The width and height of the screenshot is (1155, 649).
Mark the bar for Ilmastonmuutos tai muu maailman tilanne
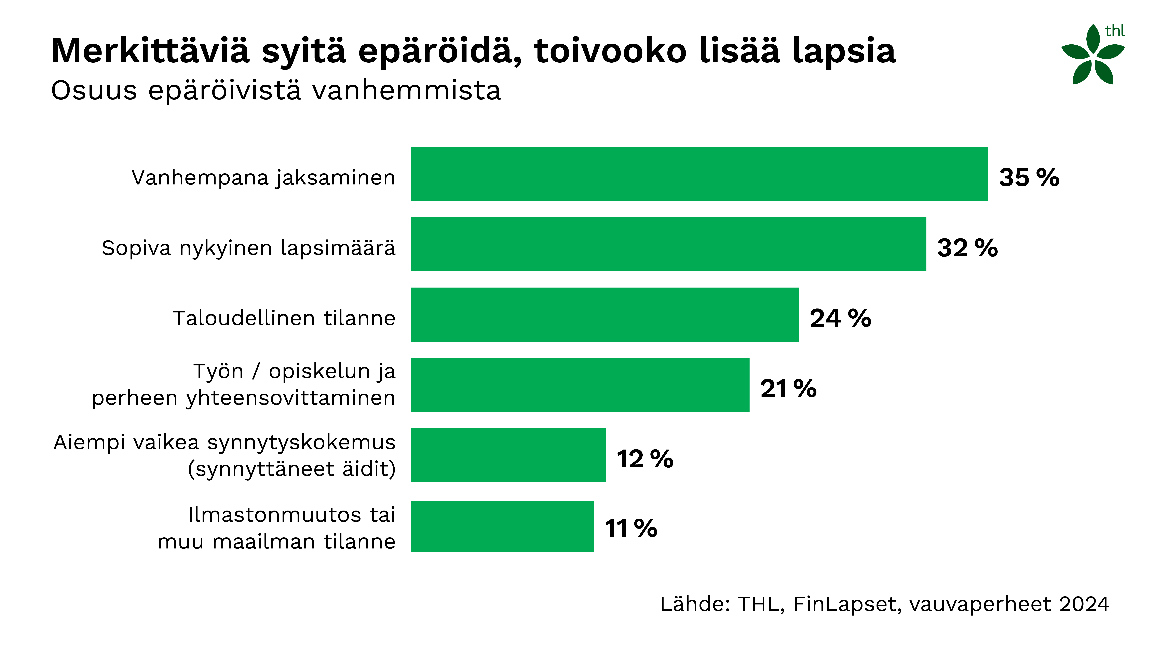(x=502, y=526)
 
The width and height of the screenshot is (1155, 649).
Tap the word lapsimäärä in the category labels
(x=338, y=248)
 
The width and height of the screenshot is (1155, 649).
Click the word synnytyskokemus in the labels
(x=301, y=442)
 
